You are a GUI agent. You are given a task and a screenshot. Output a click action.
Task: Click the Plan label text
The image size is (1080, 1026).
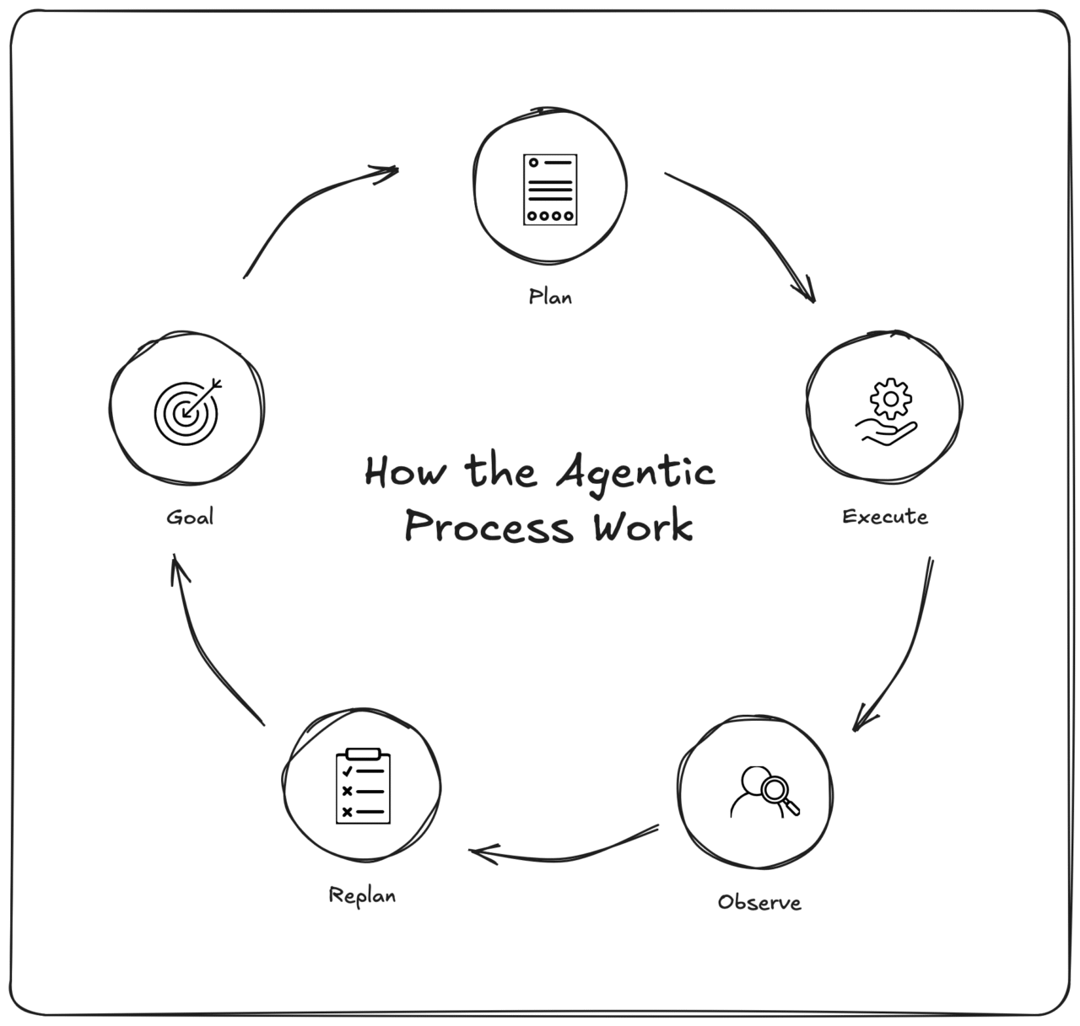click(550, 297)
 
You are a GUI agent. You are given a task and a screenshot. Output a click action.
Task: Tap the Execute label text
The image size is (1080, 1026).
click(885, 516)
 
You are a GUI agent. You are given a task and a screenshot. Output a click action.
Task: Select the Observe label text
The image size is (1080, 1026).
click(759, 902)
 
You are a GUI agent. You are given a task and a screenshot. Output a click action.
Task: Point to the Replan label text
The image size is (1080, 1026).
click(362, 895)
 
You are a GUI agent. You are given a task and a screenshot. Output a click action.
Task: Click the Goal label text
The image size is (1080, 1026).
click(190, 517)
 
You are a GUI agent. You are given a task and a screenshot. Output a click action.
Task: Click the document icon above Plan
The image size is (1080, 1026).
click(550, 189)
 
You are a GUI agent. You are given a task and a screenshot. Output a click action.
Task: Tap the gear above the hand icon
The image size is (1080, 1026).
click(891, 398)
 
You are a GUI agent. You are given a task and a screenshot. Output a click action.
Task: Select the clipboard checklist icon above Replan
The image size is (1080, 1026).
click(364, 786)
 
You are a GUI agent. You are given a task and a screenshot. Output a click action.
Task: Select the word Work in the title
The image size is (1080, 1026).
click(643, 528)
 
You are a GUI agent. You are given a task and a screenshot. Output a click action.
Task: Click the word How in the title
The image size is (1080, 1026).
click(403, 472)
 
